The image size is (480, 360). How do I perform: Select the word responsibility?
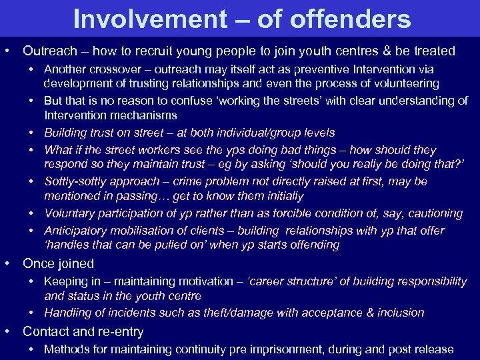[427, 281]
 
